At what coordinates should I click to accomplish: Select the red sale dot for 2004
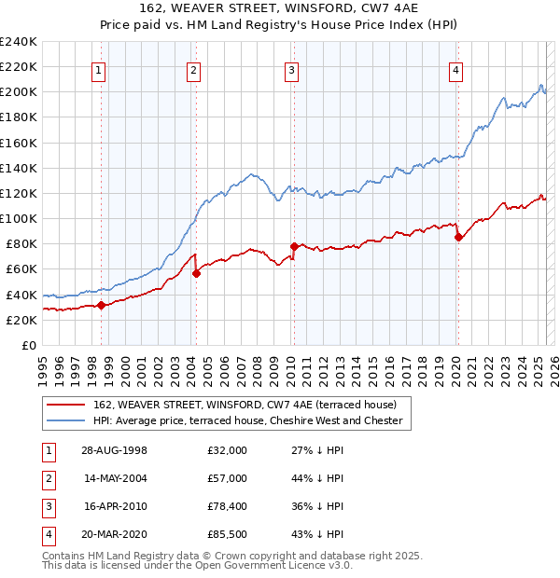197,273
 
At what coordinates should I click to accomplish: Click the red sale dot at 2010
294,246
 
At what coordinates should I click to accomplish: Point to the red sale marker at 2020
458,237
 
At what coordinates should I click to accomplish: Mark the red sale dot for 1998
101,305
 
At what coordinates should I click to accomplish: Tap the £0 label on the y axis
29,345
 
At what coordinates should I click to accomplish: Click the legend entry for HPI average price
247,420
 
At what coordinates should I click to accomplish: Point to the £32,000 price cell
228,450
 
